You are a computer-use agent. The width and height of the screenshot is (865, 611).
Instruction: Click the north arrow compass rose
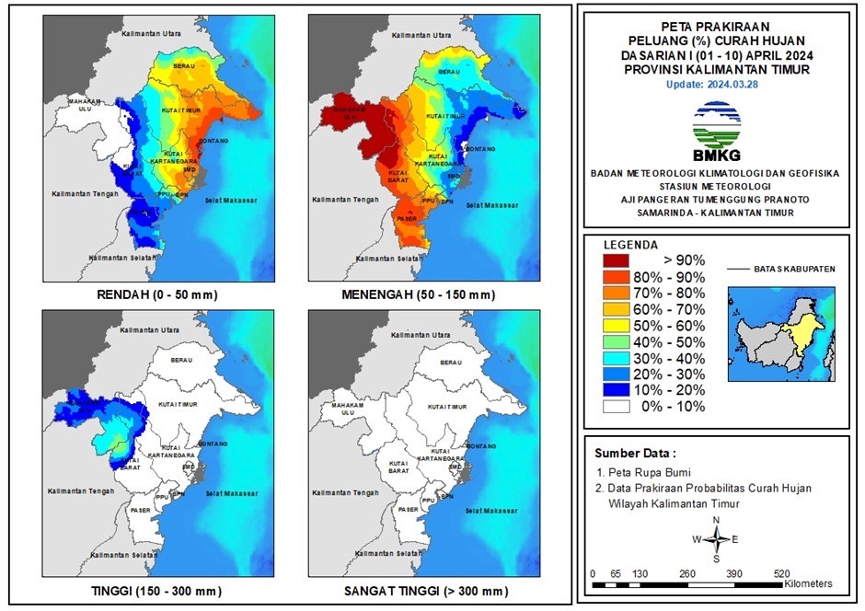tap(716, 539)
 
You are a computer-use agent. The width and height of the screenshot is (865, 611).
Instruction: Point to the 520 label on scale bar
tap(781, 573)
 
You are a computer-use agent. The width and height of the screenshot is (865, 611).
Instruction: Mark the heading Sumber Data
tap(635, 454)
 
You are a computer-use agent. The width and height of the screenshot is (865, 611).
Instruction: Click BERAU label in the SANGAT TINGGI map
tap(450, 363)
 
